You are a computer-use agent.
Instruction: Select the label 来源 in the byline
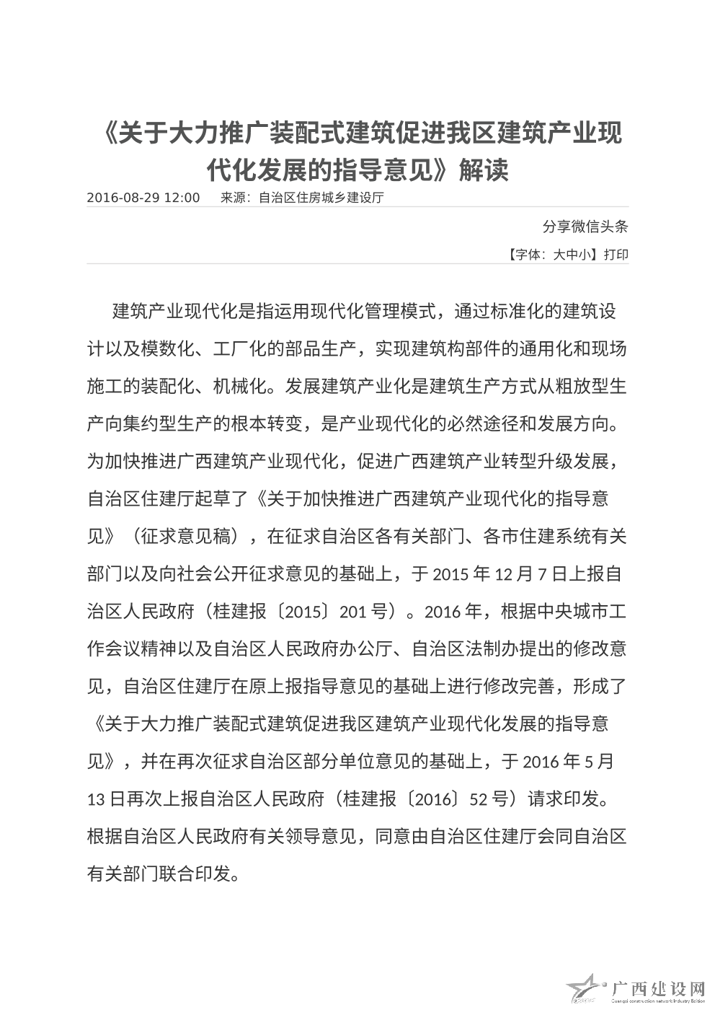click(233, 198)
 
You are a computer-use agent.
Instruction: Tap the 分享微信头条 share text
click(585, 226)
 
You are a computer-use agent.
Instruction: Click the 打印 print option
click(616, 255)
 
